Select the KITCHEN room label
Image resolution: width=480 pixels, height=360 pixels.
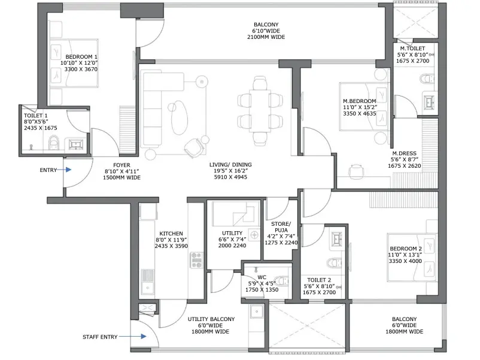point(171,234)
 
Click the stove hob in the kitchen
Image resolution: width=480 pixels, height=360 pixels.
point(196,260)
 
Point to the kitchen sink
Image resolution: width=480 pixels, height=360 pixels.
point(148,282)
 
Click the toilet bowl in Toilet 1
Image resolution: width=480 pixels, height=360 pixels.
point(54,143)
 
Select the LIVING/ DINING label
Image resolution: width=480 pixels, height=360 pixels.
point(230,165)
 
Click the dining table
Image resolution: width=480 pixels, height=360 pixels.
point(260,111)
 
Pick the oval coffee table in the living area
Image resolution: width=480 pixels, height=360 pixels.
point(179,117)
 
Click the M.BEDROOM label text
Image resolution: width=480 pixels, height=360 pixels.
point(359,101)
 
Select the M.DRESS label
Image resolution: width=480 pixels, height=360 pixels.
point(405,153)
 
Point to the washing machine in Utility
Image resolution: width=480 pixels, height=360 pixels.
point(254,235)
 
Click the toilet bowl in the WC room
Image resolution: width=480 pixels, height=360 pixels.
point(282,281)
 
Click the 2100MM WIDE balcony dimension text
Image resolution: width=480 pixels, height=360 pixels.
point(266,37)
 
